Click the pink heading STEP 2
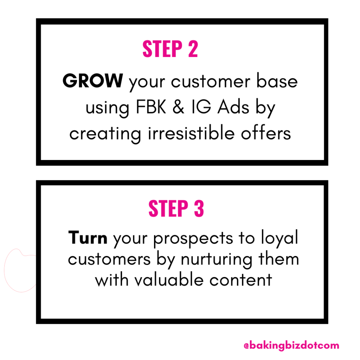(170, 49)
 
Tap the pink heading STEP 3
(176, 208)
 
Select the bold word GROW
(92, 81)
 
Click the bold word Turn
(88, 238)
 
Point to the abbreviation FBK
(151, 107)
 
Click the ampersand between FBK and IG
(178, 107)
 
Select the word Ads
(233, 107)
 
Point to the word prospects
(193, 239)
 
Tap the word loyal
(279, 238)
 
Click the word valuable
(169, 279)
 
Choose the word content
(240, 280)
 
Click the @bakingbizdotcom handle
(291, 345)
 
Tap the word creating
(105, 134)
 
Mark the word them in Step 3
(279, 259)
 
